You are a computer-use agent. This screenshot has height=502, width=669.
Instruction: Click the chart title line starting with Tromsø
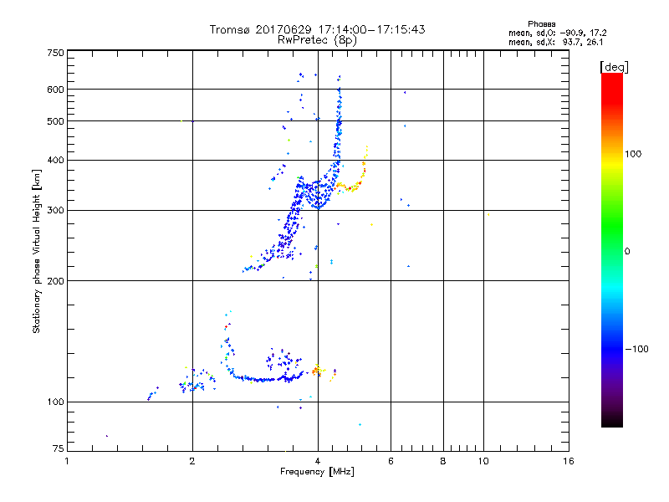pos(317,29)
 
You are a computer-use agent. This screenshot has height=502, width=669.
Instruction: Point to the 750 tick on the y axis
pos(55,52)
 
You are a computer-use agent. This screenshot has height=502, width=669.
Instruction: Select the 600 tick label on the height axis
pos(55,90)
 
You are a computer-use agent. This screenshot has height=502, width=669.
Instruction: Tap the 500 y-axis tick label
pos(55,121)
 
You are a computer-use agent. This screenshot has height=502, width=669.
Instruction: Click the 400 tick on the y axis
pos(55,160)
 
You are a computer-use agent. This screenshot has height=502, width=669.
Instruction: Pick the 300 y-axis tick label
pos(55,210)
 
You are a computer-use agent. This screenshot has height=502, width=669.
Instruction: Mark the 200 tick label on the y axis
pos(55,280)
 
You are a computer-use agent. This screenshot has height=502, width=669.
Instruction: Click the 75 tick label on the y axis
pos(58,451)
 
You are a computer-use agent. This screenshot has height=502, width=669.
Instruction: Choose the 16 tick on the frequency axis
pos(568,461)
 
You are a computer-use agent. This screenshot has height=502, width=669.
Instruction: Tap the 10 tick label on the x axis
pos(483,461)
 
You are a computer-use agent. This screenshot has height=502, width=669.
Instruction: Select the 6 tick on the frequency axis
pos(391,461)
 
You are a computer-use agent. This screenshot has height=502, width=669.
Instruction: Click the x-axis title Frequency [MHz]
pos(317,473)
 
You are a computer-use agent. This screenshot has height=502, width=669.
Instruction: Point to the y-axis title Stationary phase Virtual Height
pos(37,251)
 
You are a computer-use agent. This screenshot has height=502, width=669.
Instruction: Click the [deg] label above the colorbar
pos(614,66)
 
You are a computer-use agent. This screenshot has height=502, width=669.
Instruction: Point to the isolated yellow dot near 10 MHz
pos(488,215)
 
